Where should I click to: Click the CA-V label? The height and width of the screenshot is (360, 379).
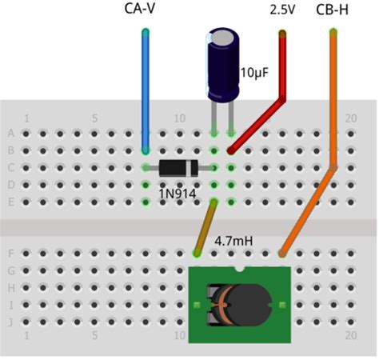145,9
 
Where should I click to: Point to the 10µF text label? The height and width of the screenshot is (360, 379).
254,74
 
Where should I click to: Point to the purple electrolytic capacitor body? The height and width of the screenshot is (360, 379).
221,66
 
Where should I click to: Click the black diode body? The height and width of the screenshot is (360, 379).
178,168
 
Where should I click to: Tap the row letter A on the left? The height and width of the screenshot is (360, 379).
10,134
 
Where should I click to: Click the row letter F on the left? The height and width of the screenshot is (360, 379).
10,254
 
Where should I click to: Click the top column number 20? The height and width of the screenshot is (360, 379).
349,118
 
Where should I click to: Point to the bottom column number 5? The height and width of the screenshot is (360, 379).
95,337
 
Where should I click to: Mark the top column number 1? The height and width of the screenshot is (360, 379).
27,118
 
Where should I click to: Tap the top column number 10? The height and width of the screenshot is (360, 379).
179,118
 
